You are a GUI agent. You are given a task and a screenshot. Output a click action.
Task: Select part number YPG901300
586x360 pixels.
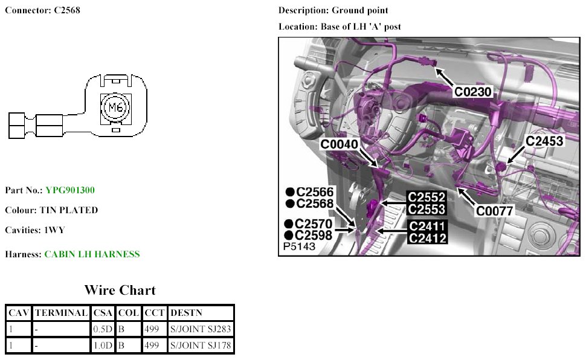(70, 190)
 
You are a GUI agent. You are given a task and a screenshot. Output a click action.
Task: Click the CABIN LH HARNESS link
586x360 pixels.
(92, 254)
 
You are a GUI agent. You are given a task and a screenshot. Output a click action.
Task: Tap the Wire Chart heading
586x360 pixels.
(120, 291)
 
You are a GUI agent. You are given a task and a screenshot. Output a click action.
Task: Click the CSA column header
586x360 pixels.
(101, 313)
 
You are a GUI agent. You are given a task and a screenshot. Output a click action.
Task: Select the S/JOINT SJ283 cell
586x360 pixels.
(201, 329)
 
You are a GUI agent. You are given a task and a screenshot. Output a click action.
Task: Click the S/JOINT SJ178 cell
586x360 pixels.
(201, 346)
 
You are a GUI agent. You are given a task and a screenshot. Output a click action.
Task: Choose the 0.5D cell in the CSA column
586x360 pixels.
(101, 329)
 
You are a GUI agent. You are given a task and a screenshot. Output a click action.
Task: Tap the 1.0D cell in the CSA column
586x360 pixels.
(101, 346)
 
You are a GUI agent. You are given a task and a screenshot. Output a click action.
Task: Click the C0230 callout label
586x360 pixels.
(474, 92)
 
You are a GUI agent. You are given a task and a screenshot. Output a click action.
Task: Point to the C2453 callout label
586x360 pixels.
(544, 141)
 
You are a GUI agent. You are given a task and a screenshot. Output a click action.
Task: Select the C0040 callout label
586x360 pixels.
(340, 144)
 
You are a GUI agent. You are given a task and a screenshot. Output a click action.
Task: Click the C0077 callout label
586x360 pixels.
(494, 211)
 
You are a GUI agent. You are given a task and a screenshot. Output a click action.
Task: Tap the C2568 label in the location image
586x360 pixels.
(315, 204)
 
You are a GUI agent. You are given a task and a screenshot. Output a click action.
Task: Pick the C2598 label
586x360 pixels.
(314, 235)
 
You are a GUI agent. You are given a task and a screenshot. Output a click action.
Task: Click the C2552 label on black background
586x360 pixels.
(427, 197)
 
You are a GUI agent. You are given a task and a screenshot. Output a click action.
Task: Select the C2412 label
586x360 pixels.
(427, 238)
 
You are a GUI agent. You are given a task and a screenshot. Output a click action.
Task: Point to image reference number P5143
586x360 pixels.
(299, 248)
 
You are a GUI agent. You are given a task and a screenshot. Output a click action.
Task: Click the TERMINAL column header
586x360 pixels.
(61, 313)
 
